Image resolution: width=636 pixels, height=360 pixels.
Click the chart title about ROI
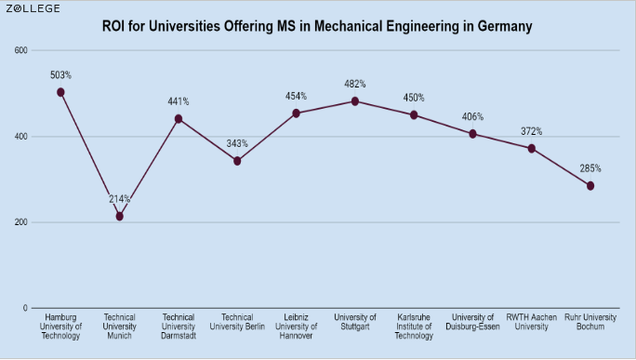317,26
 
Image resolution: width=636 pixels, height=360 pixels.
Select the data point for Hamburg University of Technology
60,92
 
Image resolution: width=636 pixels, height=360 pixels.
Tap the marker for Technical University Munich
119,217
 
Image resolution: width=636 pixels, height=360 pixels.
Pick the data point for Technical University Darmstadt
179,119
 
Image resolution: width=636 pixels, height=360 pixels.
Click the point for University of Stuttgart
355,101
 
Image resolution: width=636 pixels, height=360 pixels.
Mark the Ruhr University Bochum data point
590,186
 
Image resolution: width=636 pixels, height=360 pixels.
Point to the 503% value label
60,74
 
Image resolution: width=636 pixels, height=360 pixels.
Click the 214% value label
119,199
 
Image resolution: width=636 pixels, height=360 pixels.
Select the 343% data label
237,143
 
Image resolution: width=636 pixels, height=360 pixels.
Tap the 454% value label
297,96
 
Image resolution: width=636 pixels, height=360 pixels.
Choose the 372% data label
532,131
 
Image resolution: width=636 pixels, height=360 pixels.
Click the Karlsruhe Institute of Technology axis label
414,327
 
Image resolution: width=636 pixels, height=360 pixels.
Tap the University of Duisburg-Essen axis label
472,322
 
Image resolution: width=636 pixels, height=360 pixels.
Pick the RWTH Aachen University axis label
532,322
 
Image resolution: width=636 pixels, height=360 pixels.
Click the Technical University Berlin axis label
237,322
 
